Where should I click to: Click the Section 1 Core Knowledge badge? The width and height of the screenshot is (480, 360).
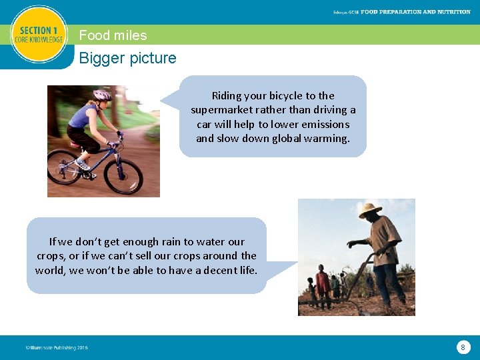click(39, 35)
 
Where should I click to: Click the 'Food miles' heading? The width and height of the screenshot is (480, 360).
click(113, 35)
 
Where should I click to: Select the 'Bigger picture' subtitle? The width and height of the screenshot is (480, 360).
click(127, 58)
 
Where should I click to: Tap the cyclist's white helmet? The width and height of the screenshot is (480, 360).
click(103, 95)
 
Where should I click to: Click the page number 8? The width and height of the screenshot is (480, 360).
click(463, 347)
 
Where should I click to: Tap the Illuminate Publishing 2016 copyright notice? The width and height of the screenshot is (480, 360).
click(56, 347)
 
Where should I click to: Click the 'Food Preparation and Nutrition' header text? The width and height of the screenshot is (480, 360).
click(415, 12)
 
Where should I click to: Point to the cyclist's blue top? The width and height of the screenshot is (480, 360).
click(84, 117)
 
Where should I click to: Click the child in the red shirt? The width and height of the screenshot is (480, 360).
click(323, 283)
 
